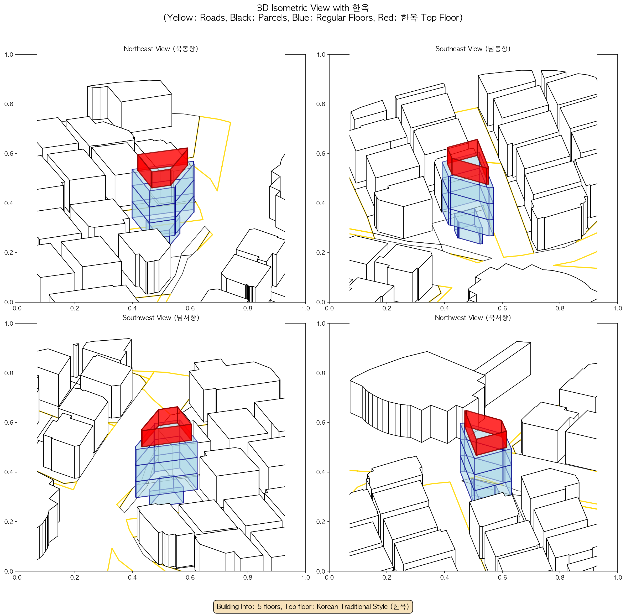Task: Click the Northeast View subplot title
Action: [161, 49]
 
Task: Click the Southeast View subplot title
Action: [473, 49]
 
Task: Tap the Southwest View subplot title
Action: [161, 318]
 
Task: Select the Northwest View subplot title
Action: [473, 318]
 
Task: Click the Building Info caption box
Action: [313, 606]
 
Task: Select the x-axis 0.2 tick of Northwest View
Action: [387, 577]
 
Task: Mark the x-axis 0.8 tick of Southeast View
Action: [560, 308]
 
